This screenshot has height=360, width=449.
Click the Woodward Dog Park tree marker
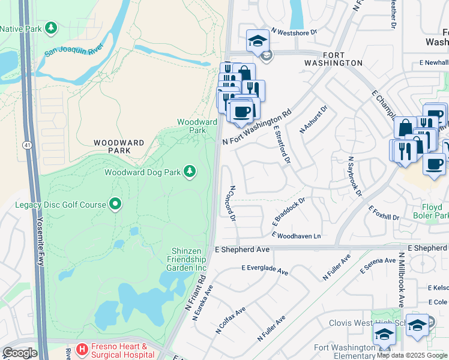190,172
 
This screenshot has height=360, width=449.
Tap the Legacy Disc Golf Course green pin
115,205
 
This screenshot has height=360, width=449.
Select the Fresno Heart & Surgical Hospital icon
80,347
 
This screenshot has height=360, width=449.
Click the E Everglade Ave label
265,271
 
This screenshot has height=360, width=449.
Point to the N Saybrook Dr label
354,177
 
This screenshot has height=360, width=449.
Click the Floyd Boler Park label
431,211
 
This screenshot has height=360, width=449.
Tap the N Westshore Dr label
294,32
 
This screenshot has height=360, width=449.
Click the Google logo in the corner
20,353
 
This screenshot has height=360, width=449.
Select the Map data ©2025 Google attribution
412,355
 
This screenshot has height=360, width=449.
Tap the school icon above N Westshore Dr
258,40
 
